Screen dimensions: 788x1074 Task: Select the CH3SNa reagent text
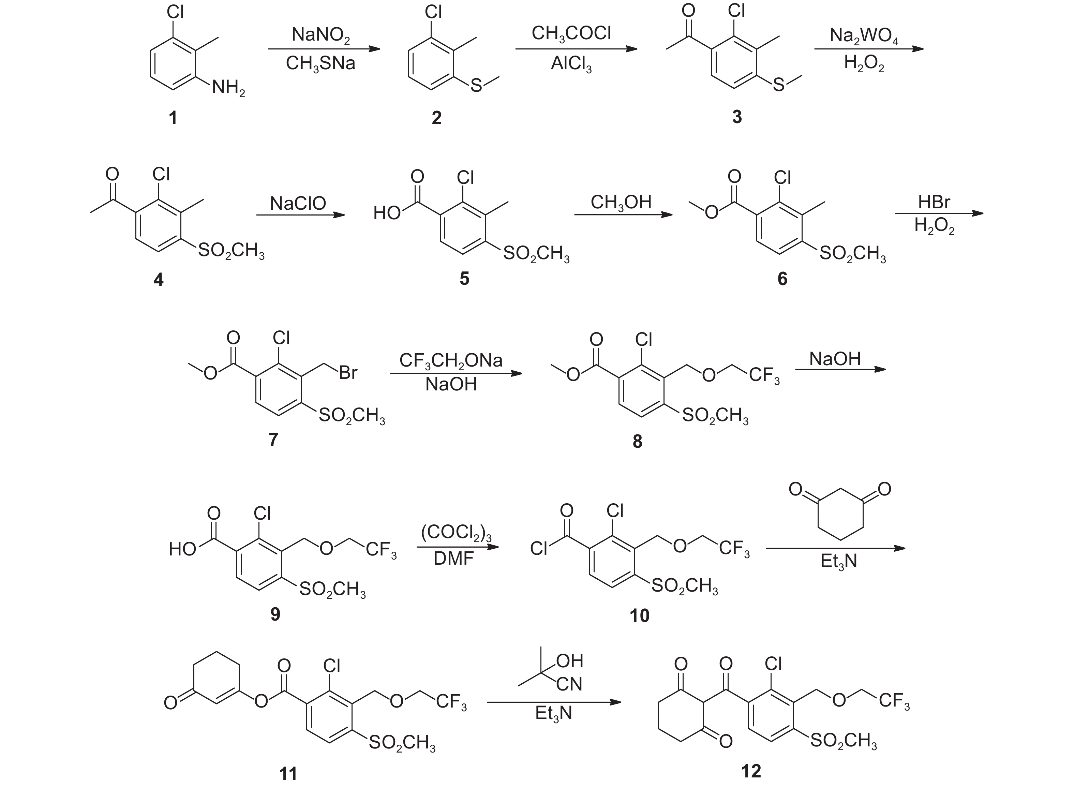point(320,63)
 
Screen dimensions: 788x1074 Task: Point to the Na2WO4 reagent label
point(864,36)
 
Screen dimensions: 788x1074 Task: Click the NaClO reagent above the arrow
point(298,203)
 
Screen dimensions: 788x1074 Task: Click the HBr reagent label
point(934,202)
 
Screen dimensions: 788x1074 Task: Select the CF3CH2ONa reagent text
point(451,361)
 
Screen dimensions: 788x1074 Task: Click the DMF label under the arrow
point(453,558)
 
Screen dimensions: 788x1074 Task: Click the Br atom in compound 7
point(348,373)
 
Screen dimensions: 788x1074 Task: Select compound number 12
point(751,771)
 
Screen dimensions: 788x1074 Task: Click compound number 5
point(464,279)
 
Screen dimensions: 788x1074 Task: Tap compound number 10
point(639,616)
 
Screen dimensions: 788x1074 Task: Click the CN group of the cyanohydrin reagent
point(569,684)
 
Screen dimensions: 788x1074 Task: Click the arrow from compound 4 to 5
point(300,215)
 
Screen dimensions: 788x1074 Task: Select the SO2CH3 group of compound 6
point(852,254)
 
